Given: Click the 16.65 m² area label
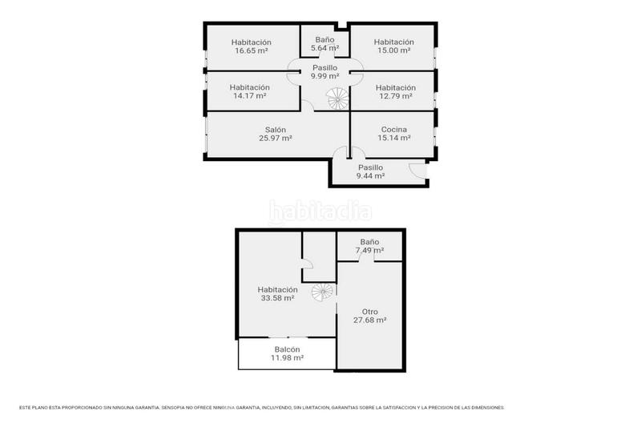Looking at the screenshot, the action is click(252, 50).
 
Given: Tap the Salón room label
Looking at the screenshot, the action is click(276, 130).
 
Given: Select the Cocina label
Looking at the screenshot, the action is click(394, 130).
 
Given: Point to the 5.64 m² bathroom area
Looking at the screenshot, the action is click(325, 48).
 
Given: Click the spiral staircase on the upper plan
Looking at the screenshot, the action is click(337, 99).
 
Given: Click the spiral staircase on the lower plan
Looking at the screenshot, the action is click(323, 292).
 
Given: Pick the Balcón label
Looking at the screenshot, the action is click(287, 349).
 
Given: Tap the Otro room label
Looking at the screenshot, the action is click(369, 312).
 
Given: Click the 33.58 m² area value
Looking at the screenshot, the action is click(277, 298).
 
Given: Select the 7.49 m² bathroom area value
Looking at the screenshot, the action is click(369, 250).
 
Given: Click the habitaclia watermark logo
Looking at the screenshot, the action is click(320, 211).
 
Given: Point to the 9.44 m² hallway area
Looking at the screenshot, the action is click(370, 175).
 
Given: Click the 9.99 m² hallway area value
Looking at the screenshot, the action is click(325, 76).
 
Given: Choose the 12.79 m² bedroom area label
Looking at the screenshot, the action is click(396, 96).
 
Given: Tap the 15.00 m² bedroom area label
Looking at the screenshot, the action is click(394, 50).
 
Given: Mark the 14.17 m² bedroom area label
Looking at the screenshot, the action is click(250, 95).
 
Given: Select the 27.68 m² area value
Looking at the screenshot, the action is click(370, 320).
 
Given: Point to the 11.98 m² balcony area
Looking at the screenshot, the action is click(287, 357).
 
